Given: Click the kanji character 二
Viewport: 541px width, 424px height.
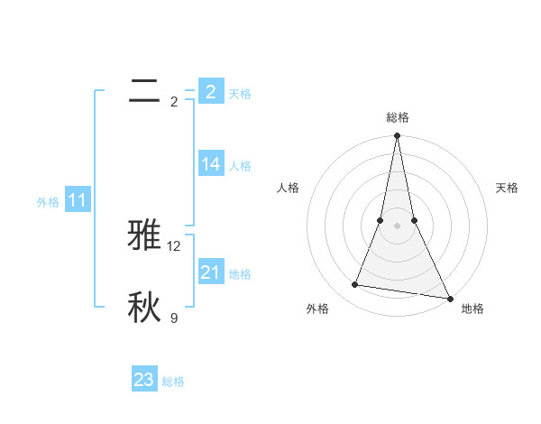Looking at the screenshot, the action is tap(144, 91).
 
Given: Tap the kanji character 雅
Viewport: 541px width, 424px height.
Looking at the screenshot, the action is tap(144, 235).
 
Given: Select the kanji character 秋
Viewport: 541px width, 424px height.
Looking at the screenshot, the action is tap(144, 308).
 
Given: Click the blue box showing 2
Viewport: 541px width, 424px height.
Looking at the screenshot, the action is tap(210, 92).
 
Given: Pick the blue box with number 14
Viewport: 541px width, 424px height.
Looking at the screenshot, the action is tap(210, 164).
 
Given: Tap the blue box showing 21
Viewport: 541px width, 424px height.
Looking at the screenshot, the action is tap(210, 272).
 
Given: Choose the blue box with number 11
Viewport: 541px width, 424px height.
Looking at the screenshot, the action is tap(78, 201).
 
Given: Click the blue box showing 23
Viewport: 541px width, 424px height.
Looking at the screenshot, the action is tap(144, 380).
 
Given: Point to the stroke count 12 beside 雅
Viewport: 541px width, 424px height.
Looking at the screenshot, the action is tap(174, 245).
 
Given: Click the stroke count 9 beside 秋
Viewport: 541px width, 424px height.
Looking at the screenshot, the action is tap(174, 318).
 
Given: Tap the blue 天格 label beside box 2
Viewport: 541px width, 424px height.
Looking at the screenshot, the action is tap(240, 93).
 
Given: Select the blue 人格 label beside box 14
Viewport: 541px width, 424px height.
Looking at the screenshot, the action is tap(240, 166).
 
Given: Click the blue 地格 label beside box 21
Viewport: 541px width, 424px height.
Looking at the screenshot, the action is tap(240, 274).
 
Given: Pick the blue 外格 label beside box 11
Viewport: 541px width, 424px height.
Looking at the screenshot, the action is tap(48, 202).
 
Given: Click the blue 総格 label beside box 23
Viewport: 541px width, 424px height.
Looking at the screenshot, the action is tap(173, 382).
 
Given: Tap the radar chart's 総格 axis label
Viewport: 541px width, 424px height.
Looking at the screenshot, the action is tap(398, 117).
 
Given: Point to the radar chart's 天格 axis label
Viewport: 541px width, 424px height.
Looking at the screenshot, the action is tap(507, 188).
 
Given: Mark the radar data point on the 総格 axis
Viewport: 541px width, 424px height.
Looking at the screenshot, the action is tap(397, 136).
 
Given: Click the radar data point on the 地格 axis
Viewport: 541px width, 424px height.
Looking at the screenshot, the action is tap(449, 298).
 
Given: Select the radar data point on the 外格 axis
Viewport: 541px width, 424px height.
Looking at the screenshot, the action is tap(355, 285).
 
